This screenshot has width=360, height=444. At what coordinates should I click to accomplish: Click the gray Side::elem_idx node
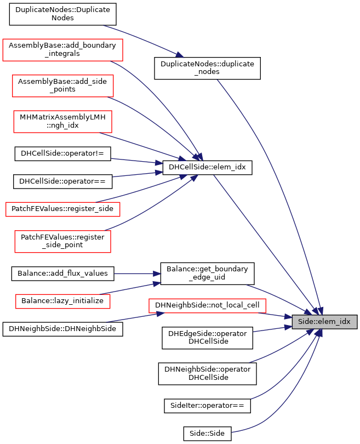tap(324, 322)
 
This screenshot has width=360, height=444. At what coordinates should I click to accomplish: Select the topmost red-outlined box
tap(62, 50)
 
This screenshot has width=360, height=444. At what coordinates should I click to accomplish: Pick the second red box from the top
tap(62, 86)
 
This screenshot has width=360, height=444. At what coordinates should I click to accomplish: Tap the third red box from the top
tap(62, 122)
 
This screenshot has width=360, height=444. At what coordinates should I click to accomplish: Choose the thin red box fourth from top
tap(62, 209)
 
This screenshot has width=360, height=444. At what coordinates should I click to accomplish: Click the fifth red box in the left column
tap(62, 242)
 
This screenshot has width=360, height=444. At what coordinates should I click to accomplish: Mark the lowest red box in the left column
tap(62, 301)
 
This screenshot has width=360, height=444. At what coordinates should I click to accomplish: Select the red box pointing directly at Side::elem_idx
tap(207, 306)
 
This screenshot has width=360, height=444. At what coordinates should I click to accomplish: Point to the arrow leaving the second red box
tap(159, 123)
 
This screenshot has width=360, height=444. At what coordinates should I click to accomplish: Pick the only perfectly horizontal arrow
tap(137, 273)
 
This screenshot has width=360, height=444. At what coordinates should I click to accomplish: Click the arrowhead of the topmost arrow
tap(180, 55)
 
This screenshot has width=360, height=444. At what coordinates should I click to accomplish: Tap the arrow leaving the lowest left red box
tap(132, 288)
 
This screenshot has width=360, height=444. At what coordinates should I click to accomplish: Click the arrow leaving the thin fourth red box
tap(142, 189)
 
